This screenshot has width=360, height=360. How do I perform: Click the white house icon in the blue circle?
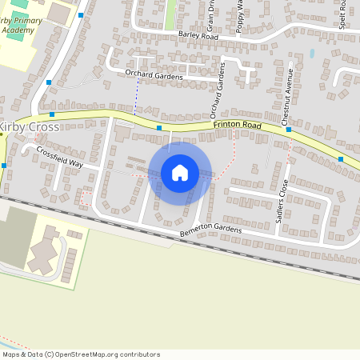click(x=180, y=173)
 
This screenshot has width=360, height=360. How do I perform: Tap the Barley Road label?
click(x=198, y=36)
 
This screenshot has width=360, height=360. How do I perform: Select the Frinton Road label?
click(x=238, y=126)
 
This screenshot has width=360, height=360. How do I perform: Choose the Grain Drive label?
click(x=211, y=15)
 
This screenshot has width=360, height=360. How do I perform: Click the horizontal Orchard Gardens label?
click(x=154, y=75)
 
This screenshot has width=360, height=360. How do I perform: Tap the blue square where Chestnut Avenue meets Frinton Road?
click(x=289, y=129)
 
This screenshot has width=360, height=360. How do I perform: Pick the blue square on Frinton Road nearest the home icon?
click(x=159, y=128)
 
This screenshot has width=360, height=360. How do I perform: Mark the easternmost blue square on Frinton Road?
click(x=342, y=159)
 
